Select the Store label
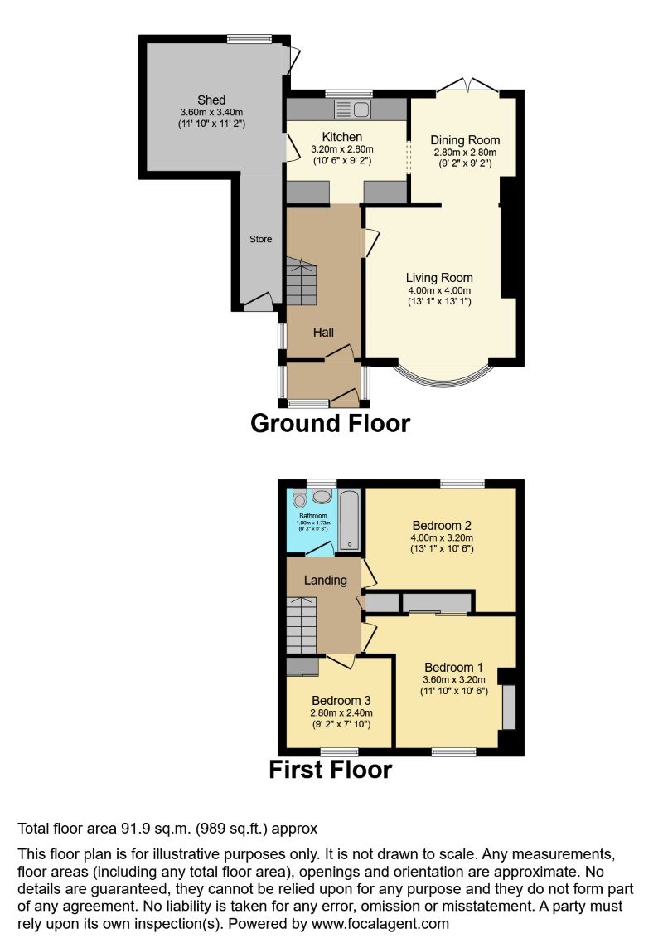[x=261, y=240]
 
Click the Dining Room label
[x=466, y=140]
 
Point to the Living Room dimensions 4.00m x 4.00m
[x=439, y=290]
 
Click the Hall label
[x=323, y=333]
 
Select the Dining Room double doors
[x=467, y=85]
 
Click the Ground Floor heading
[x=330, y=423]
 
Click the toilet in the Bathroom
[x=299, y=498]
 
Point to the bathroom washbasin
[x=321, y=495]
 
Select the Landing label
[x=325, y=580]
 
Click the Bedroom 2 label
[x=441, y=525]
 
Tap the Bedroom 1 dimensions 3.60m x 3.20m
[x=453, y=679]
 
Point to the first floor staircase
[x=302, y=624]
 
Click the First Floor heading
[x=330, y=770]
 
